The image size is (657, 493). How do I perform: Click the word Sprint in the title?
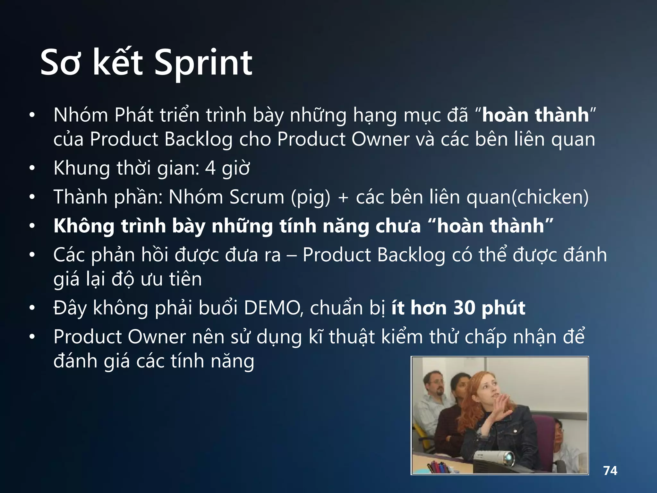203,63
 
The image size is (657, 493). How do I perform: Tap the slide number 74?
610,471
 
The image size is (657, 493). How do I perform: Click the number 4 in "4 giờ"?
210,168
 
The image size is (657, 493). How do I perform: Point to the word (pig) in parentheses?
310,197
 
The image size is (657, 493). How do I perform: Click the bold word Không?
84,226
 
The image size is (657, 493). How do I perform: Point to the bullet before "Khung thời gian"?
32,168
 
